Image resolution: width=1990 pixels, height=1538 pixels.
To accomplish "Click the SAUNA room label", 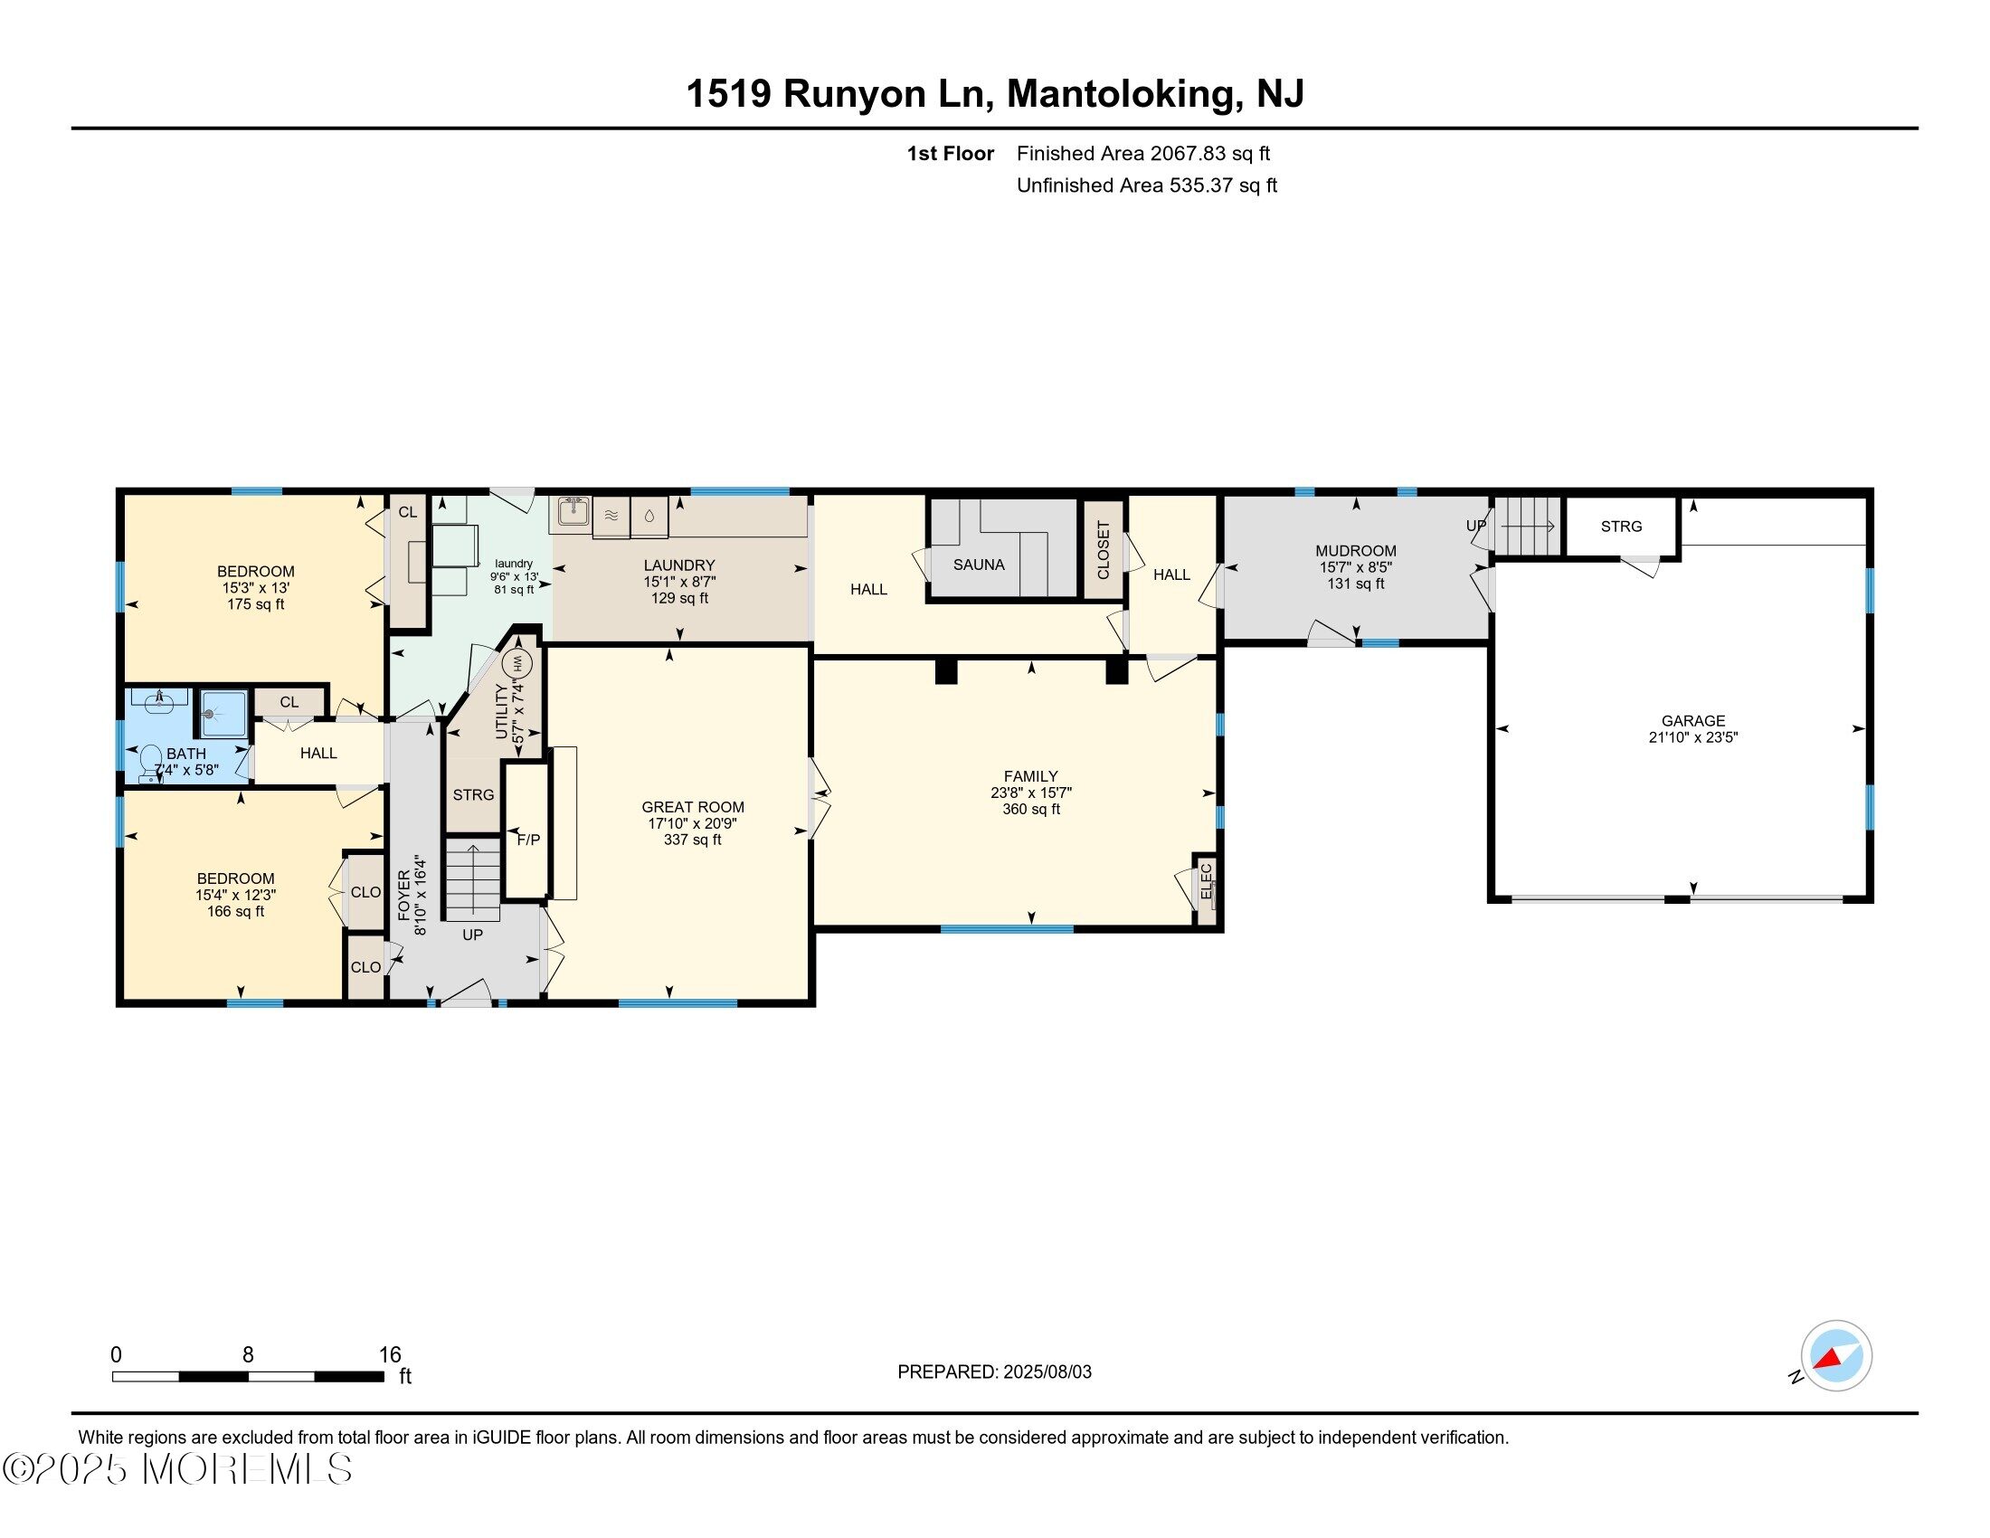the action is click(x=979, y=565).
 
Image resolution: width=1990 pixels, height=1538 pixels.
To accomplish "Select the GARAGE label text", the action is click(x=1693, y=721).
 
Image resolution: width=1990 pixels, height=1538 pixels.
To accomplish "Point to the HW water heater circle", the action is click(x=516, y=662).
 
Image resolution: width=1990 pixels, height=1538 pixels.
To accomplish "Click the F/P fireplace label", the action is click(x=528, y=840).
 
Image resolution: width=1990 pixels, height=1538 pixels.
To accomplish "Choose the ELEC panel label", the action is click(x=1206, y=881).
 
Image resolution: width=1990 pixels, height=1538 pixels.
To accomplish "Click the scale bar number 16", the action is click(x=390, y=1355).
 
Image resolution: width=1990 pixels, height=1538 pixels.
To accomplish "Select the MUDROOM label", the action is click(x=1355, y=550).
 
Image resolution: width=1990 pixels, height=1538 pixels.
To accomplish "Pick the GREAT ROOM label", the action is click(x=693, y=807).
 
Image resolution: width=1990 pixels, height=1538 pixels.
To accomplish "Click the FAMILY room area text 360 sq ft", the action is click(x=1030, y=809).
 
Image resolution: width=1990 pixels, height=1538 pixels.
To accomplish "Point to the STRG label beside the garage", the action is click(x=1621, y=527).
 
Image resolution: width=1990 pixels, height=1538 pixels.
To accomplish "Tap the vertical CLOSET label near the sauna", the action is click(x=1104, y=549).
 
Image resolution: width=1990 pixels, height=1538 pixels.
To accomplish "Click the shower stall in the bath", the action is click(x=223, y=714).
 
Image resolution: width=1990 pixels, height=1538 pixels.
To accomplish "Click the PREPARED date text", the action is click(x=994, y=1372).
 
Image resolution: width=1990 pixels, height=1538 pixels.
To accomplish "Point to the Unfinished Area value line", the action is click(x=1146, y=185).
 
